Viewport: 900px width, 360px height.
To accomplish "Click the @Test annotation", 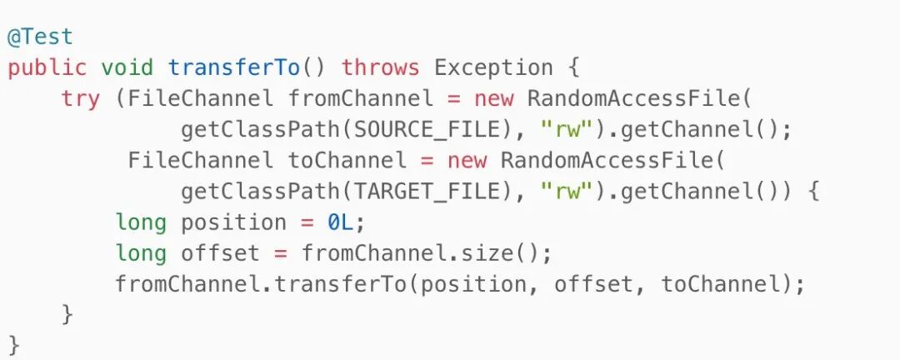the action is pyautogui.click(x=41, y=37).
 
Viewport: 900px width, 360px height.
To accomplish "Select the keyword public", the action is pyautogui.click(x=47, y=68).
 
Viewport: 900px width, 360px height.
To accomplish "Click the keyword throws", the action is pyautogui.click(x=381, y=68).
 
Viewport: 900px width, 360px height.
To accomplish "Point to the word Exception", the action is pyautogui.click(x=494, y=68).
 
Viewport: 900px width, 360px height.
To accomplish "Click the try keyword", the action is pyautogui.click(x=81, y=99).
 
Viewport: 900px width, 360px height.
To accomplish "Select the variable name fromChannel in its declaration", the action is pyautogui.click(x=361, y=99).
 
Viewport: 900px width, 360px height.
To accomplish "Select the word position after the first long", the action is pyautogui.click(x=234, y=222).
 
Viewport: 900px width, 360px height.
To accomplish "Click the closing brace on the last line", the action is pyautogui.click(x=14, y=343).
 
